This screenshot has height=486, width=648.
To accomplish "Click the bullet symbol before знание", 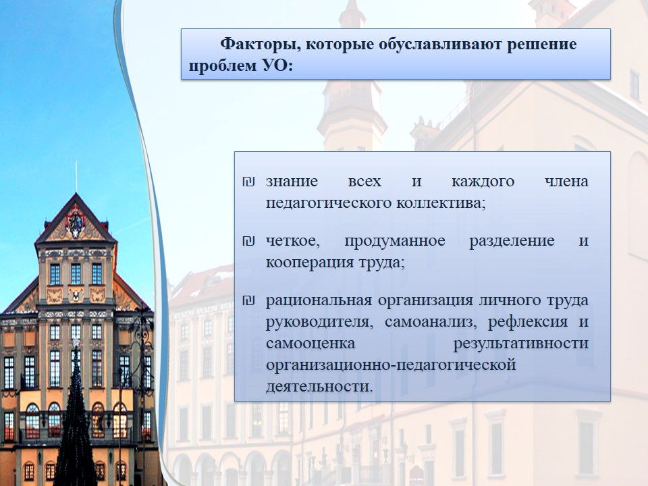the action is [x=248, y=182].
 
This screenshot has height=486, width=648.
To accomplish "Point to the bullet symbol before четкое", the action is [x=248, y=241].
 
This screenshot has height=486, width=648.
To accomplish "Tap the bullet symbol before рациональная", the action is [x=248, y=300].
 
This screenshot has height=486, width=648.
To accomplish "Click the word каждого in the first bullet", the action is [x=483, y=182].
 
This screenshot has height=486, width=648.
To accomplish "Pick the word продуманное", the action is [x=395, y=242].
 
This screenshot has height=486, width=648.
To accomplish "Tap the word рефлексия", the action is [x=528, y=322].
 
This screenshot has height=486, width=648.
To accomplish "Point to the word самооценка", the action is [x=310, y=344].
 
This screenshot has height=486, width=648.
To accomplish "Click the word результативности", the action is [x=520, y=344].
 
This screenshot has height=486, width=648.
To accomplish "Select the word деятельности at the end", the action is [x=319, y=387].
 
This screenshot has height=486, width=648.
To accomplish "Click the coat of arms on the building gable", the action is [x=76, y=223].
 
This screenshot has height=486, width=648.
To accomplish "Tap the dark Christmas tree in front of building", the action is [x=75, y=417].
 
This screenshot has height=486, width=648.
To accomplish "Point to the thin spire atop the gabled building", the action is [x=76, y=177].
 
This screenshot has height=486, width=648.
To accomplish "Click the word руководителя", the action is [x=319, y=322].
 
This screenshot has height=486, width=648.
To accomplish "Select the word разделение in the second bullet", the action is [x=512, y=242].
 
